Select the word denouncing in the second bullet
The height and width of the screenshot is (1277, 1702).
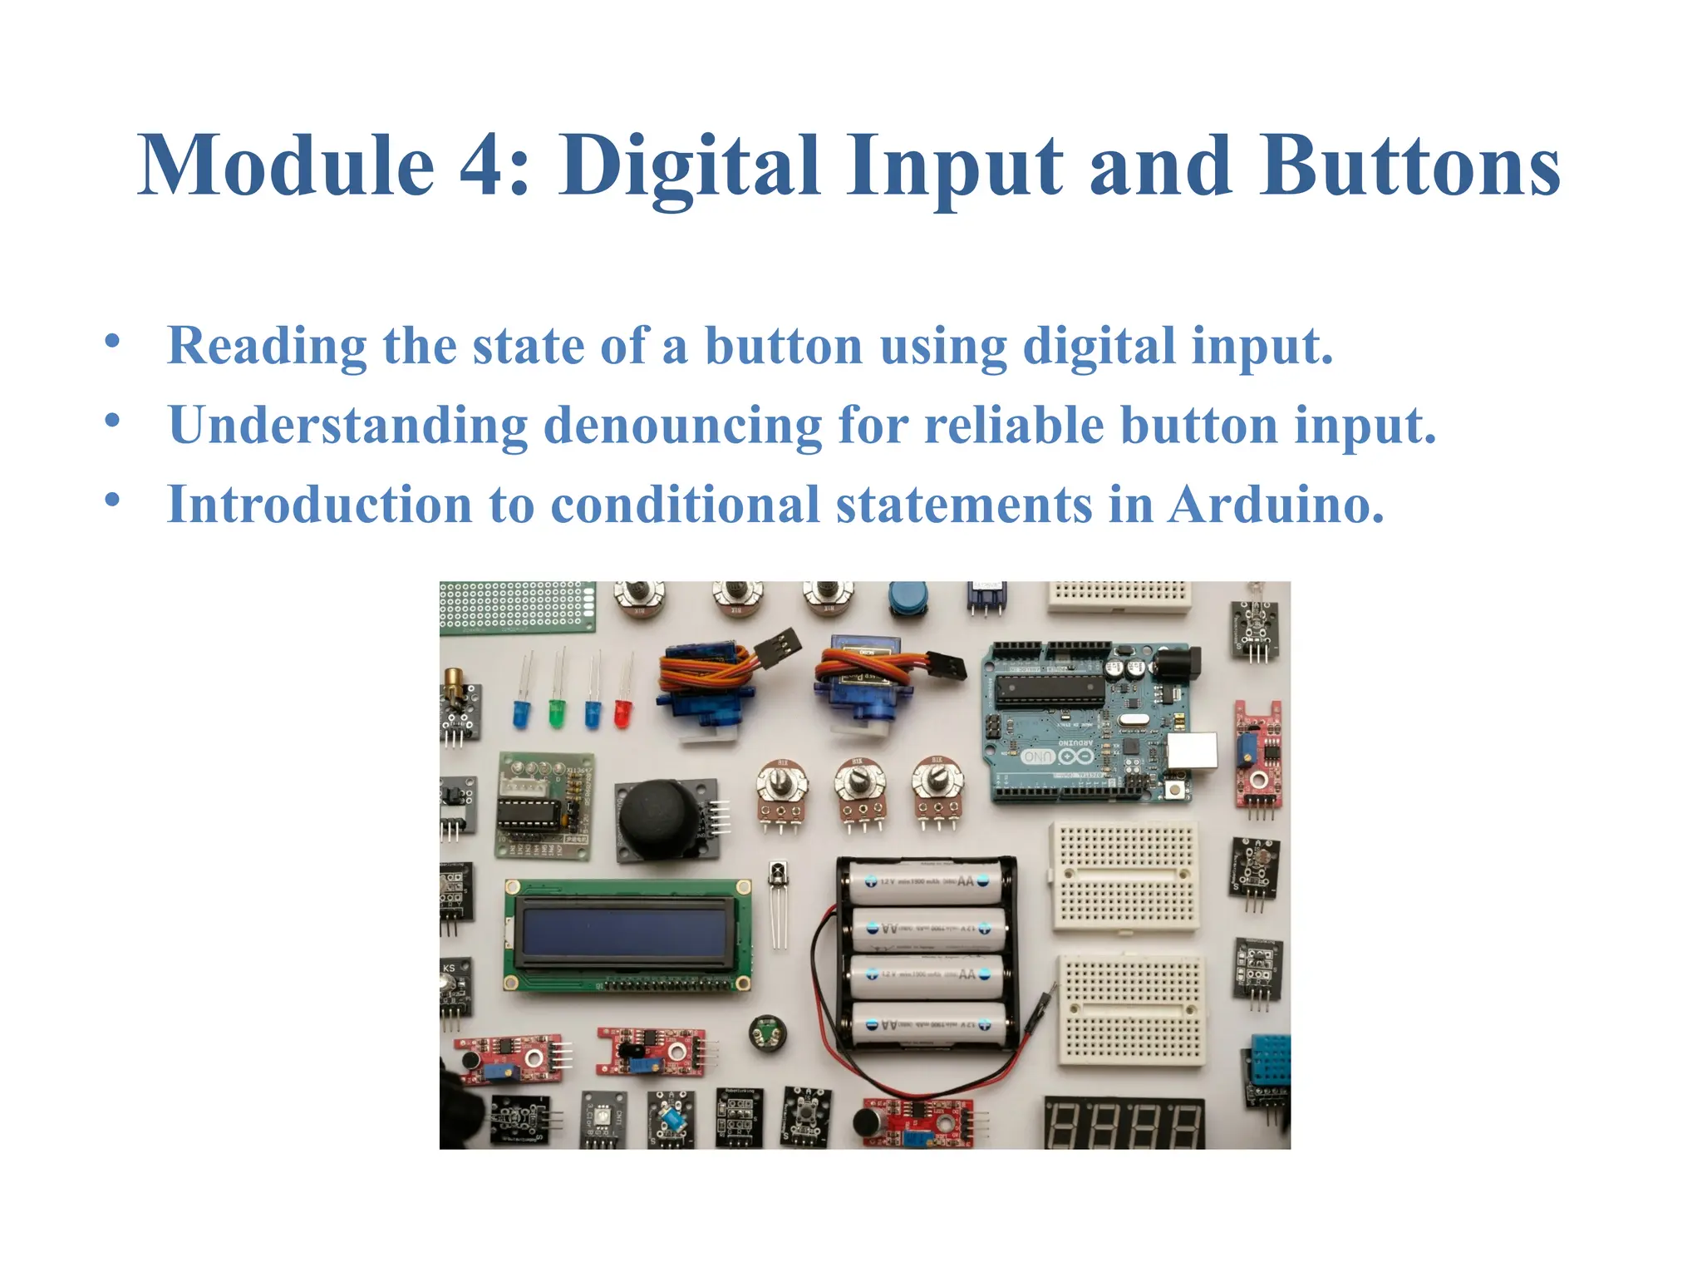tap(682, 426)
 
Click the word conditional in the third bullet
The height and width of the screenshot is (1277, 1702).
tap(685, 505)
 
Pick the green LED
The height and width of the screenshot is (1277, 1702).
tap(556, 713)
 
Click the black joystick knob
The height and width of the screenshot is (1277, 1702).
tap(662, 818)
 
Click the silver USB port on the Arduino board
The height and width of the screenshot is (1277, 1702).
tap(1192, 751)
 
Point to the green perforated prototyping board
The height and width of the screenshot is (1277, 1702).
tap(516, 606)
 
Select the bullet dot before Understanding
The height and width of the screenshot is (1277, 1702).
tap(113, 421)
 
